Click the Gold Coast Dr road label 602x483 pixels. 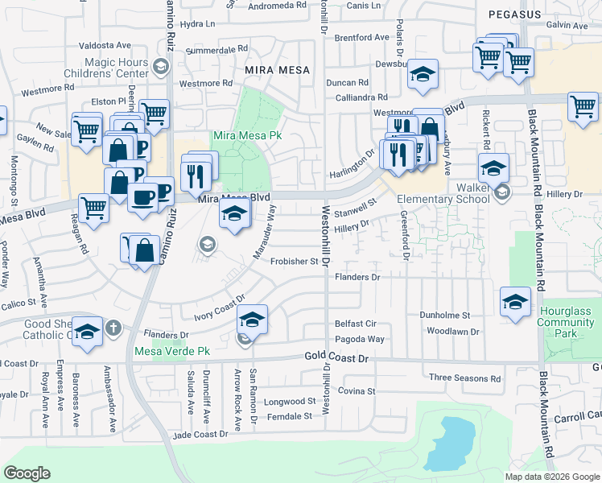(336, 356)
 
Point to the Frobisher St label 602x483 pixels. (295, 261)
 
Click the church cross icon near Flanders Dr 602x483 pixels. (113, 327)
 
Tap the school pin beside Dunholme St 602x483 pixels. (515, 302)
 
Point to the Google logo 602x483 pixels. (27, 473)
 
